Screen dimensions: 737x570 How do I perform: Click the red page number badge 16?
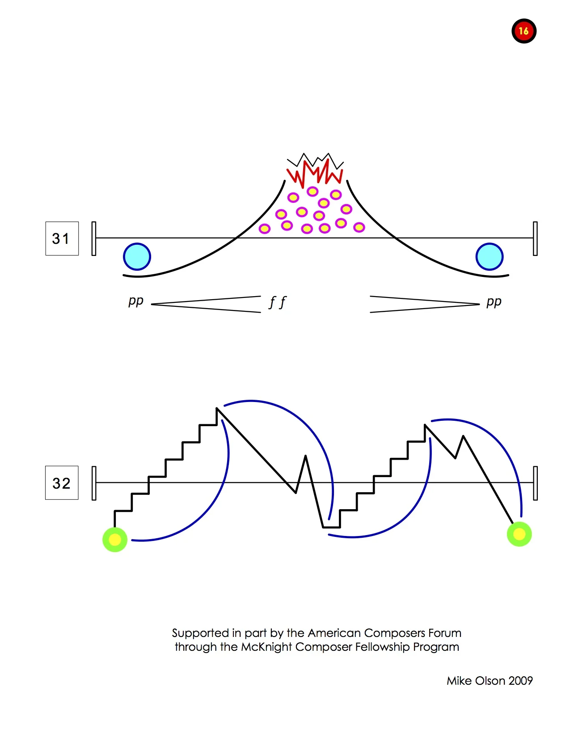[x=524, y=31]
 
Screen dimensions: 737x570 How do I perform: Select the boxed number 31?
[x=62, y=239]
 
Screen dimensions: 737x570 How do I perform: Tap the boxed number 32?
[x=62, y=483]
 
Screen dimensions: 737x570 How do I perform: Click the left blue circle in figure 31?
[x=137, y=257]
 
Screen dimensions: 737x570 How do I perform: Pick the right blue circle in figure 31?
[x=490, y=257]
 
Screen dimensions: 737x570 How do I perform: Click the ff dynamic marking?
[x=277, y=302]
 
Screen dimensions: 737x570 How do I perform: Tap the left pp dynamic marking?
[x=135, y=301]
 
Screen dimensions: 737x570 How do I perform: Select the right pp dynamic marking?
[x=494, y=302]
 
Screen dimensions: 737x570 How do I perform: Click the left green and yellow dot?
[x=115, y=540]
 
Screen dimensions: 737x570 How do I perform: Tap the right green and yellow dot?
[x=519, y=534]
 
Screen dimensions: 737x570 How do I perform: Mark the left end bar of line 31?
[x=94, y=239]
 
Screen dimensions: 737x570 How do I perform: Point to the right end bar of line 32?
[x=535, y=483]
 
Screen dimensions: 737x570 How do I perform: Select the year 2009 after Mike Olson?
[x=520, y=681]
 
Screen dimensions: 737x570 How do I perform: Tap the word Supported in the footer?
[x=200, y=633]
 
